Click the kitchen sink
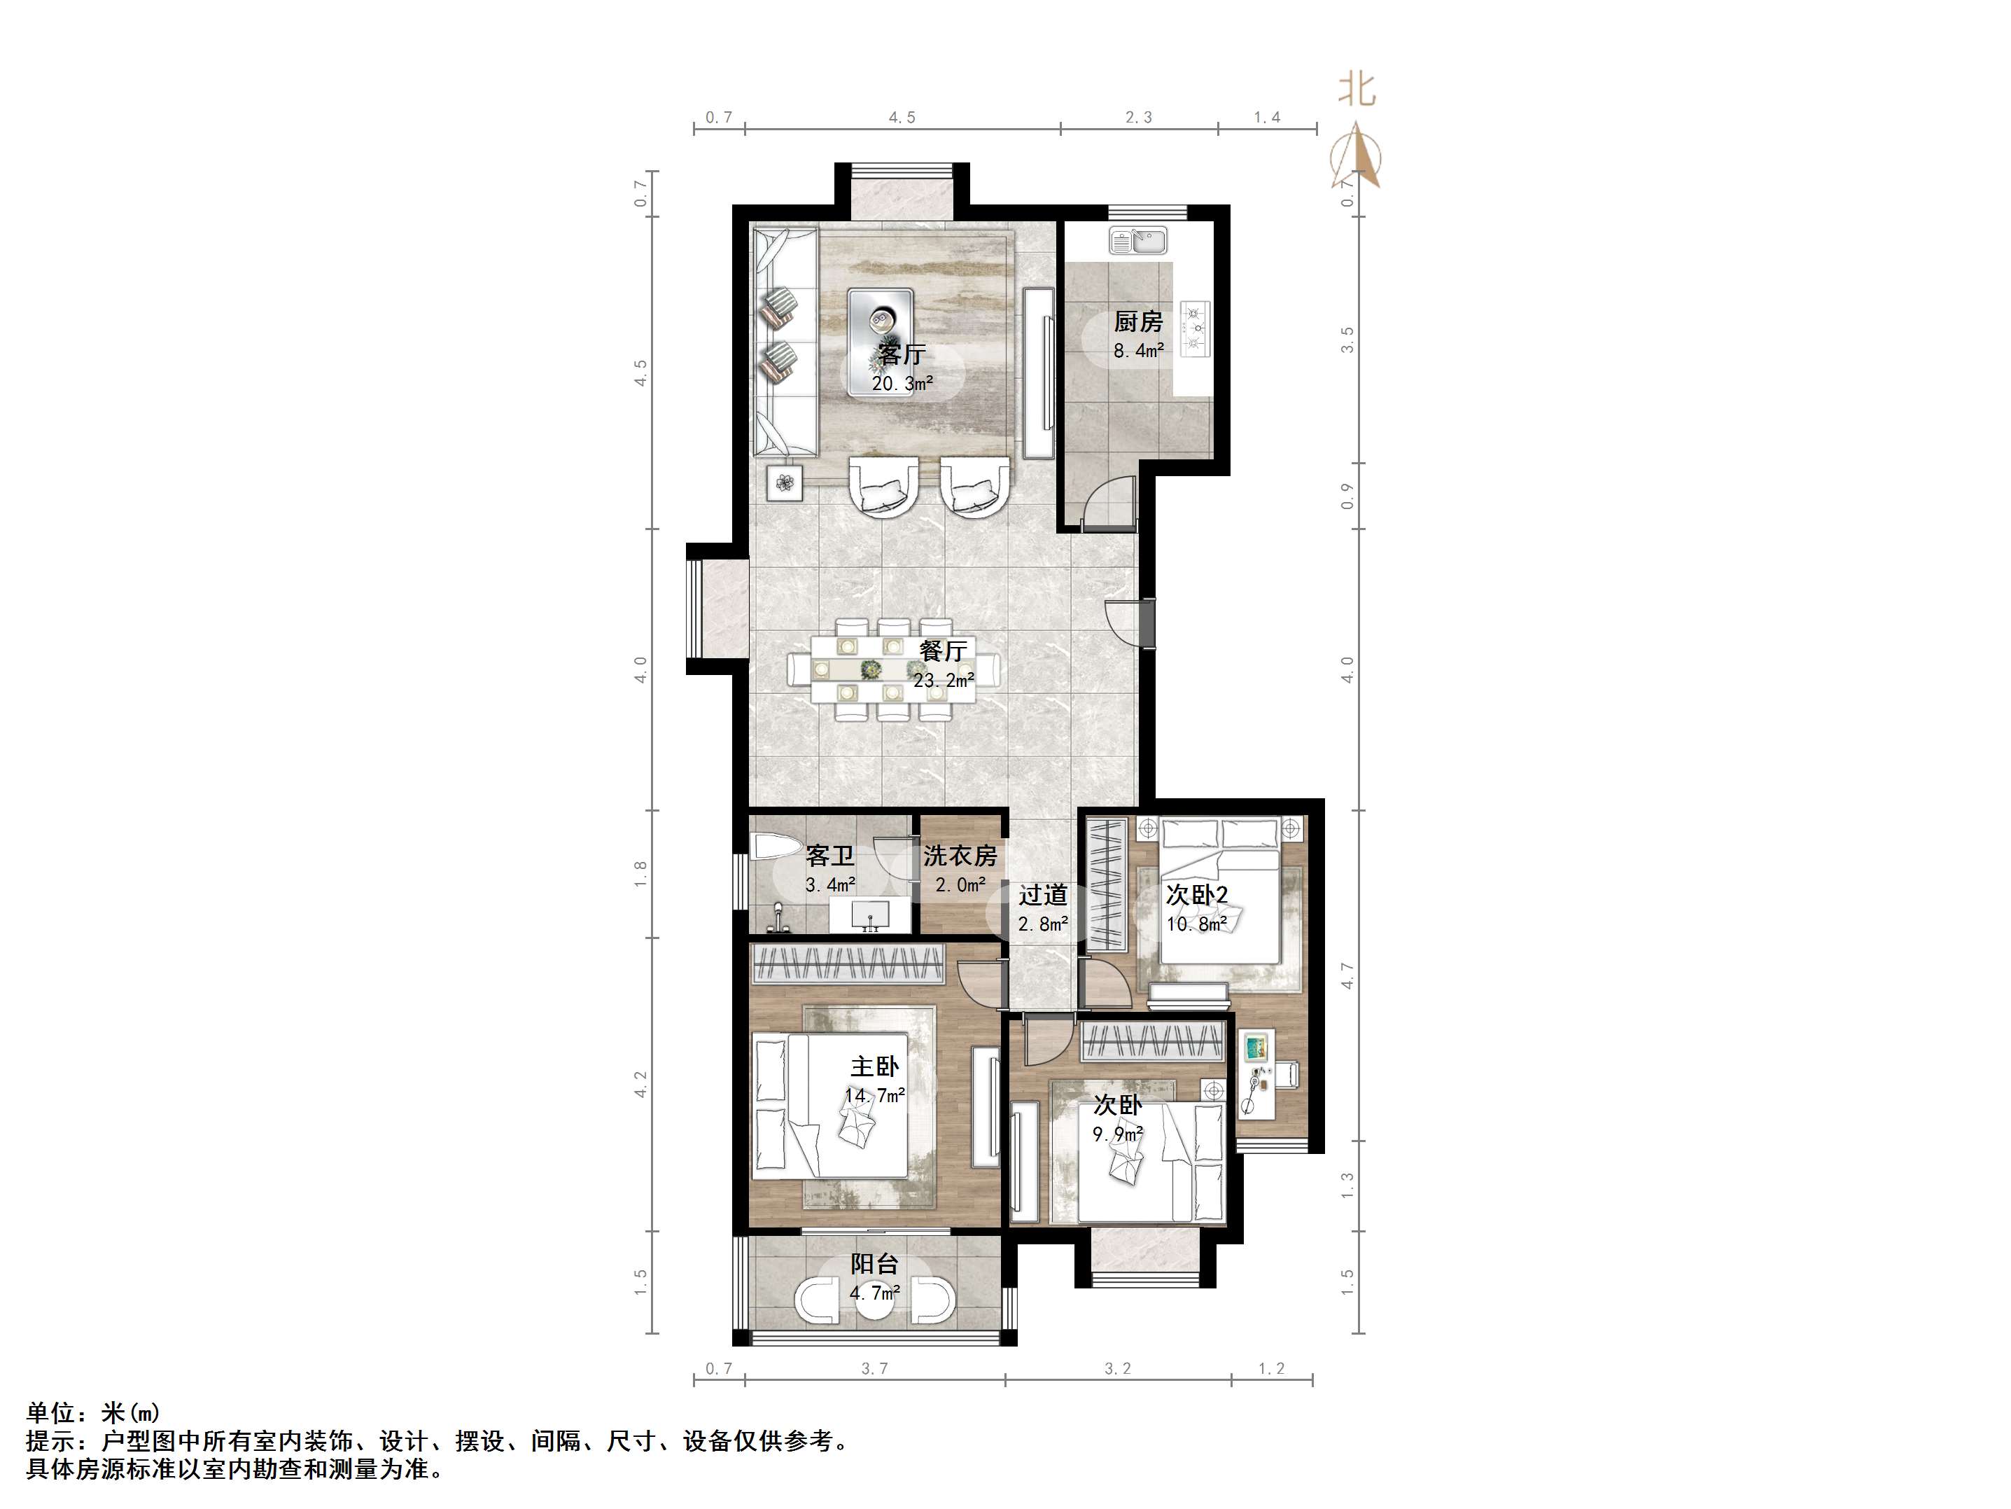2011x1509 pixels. (x=1137, y=241)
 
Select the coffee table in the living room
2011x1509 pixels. (x=880, y=342)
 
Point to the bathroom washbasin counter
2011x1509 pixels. (x=234, y=916)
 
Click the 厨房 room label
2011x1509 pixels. (x=1138, y=321)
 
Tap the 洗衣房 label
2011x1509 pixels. (x=960, y=856)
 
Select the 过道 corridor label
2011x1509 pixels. (x=1043, y=895)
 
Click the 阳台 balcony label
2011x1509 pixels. (x=874, y=1263)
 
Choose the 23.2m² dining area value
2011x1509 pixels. (x=944, y=679)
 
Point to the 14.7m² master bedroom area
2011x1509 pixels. (x=874, y=1096)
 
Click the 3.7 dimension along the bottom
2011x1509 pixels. (x=874, y=1368)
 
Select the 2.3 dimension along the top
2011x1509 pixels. (x=1138, y=118)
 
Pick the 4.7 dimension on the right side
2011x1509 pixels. (x=1347, y=976)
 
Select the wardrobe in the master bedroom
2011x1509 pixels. (x=848, y=964)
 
